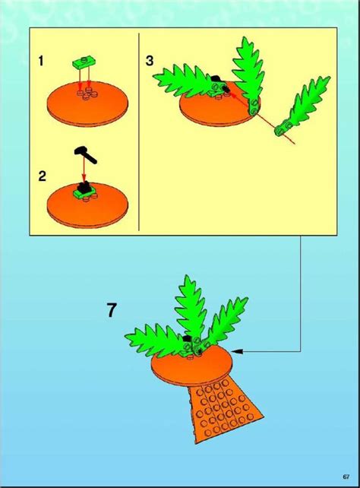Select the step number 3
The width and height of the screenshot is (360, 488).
point(151,61)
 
